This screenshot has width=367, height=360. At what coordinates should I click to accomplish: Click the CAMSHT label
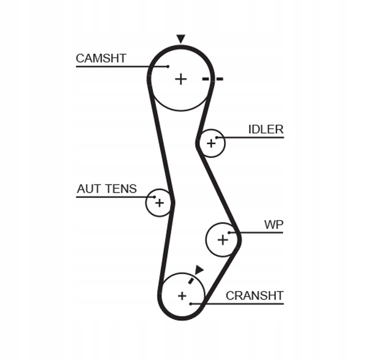point(101,58)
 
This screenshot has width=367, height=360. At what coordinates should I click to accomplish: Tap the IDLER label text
point(265,130)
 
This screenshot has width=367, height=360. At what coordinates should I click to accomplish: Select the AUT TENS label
point(106,188)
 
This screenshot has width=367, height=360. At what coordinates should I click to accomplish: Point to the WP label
point(273,224)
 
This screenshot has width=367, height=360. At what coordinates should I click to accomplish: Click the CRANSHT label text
point(254,296)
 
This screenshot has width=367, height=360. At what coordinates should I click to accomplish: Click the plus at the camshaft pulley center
point(181,79)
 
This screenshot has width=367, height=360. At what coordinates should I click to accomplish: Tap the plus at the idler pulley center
point(211,143)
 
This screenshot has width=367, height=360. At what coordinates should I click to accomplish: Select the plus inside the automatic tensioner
point(160,203)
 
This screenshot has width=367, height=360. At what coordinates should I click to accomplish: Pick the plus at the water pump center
point(223,240)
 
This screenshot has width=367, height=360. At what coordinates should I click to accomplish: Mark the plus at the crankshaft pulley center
point(182,296)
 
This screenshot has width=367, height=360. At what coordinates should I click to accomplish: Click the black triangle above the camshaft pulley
point(180,39)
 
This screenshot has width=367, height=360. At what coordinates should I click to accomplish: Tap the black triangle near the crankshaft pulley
point(199,270)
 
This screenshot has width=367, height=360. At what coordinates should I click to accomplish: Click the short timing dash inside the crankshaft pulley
point(191,281)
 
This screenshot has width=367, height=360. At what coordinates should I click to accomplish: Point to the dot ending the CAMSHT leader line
point(168,67)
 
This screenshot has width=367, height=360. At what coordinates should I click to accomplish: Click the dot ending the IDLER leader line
point(217,138)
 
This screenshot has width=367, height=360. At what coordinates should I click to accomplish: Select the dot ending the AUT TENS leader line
point(154,197)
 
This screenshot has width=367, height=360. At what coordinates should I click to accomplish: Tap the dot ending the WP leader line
point(229,232)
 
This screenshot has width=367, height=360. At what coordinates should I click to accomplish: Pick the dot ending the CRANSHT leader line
point(191,304)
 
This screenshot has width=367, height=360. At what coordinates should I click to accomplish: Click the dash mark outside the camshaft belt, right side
point(220,79)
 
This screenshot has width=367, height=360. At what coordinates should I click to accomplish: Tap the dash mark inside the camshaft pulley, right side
point(206,79)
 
